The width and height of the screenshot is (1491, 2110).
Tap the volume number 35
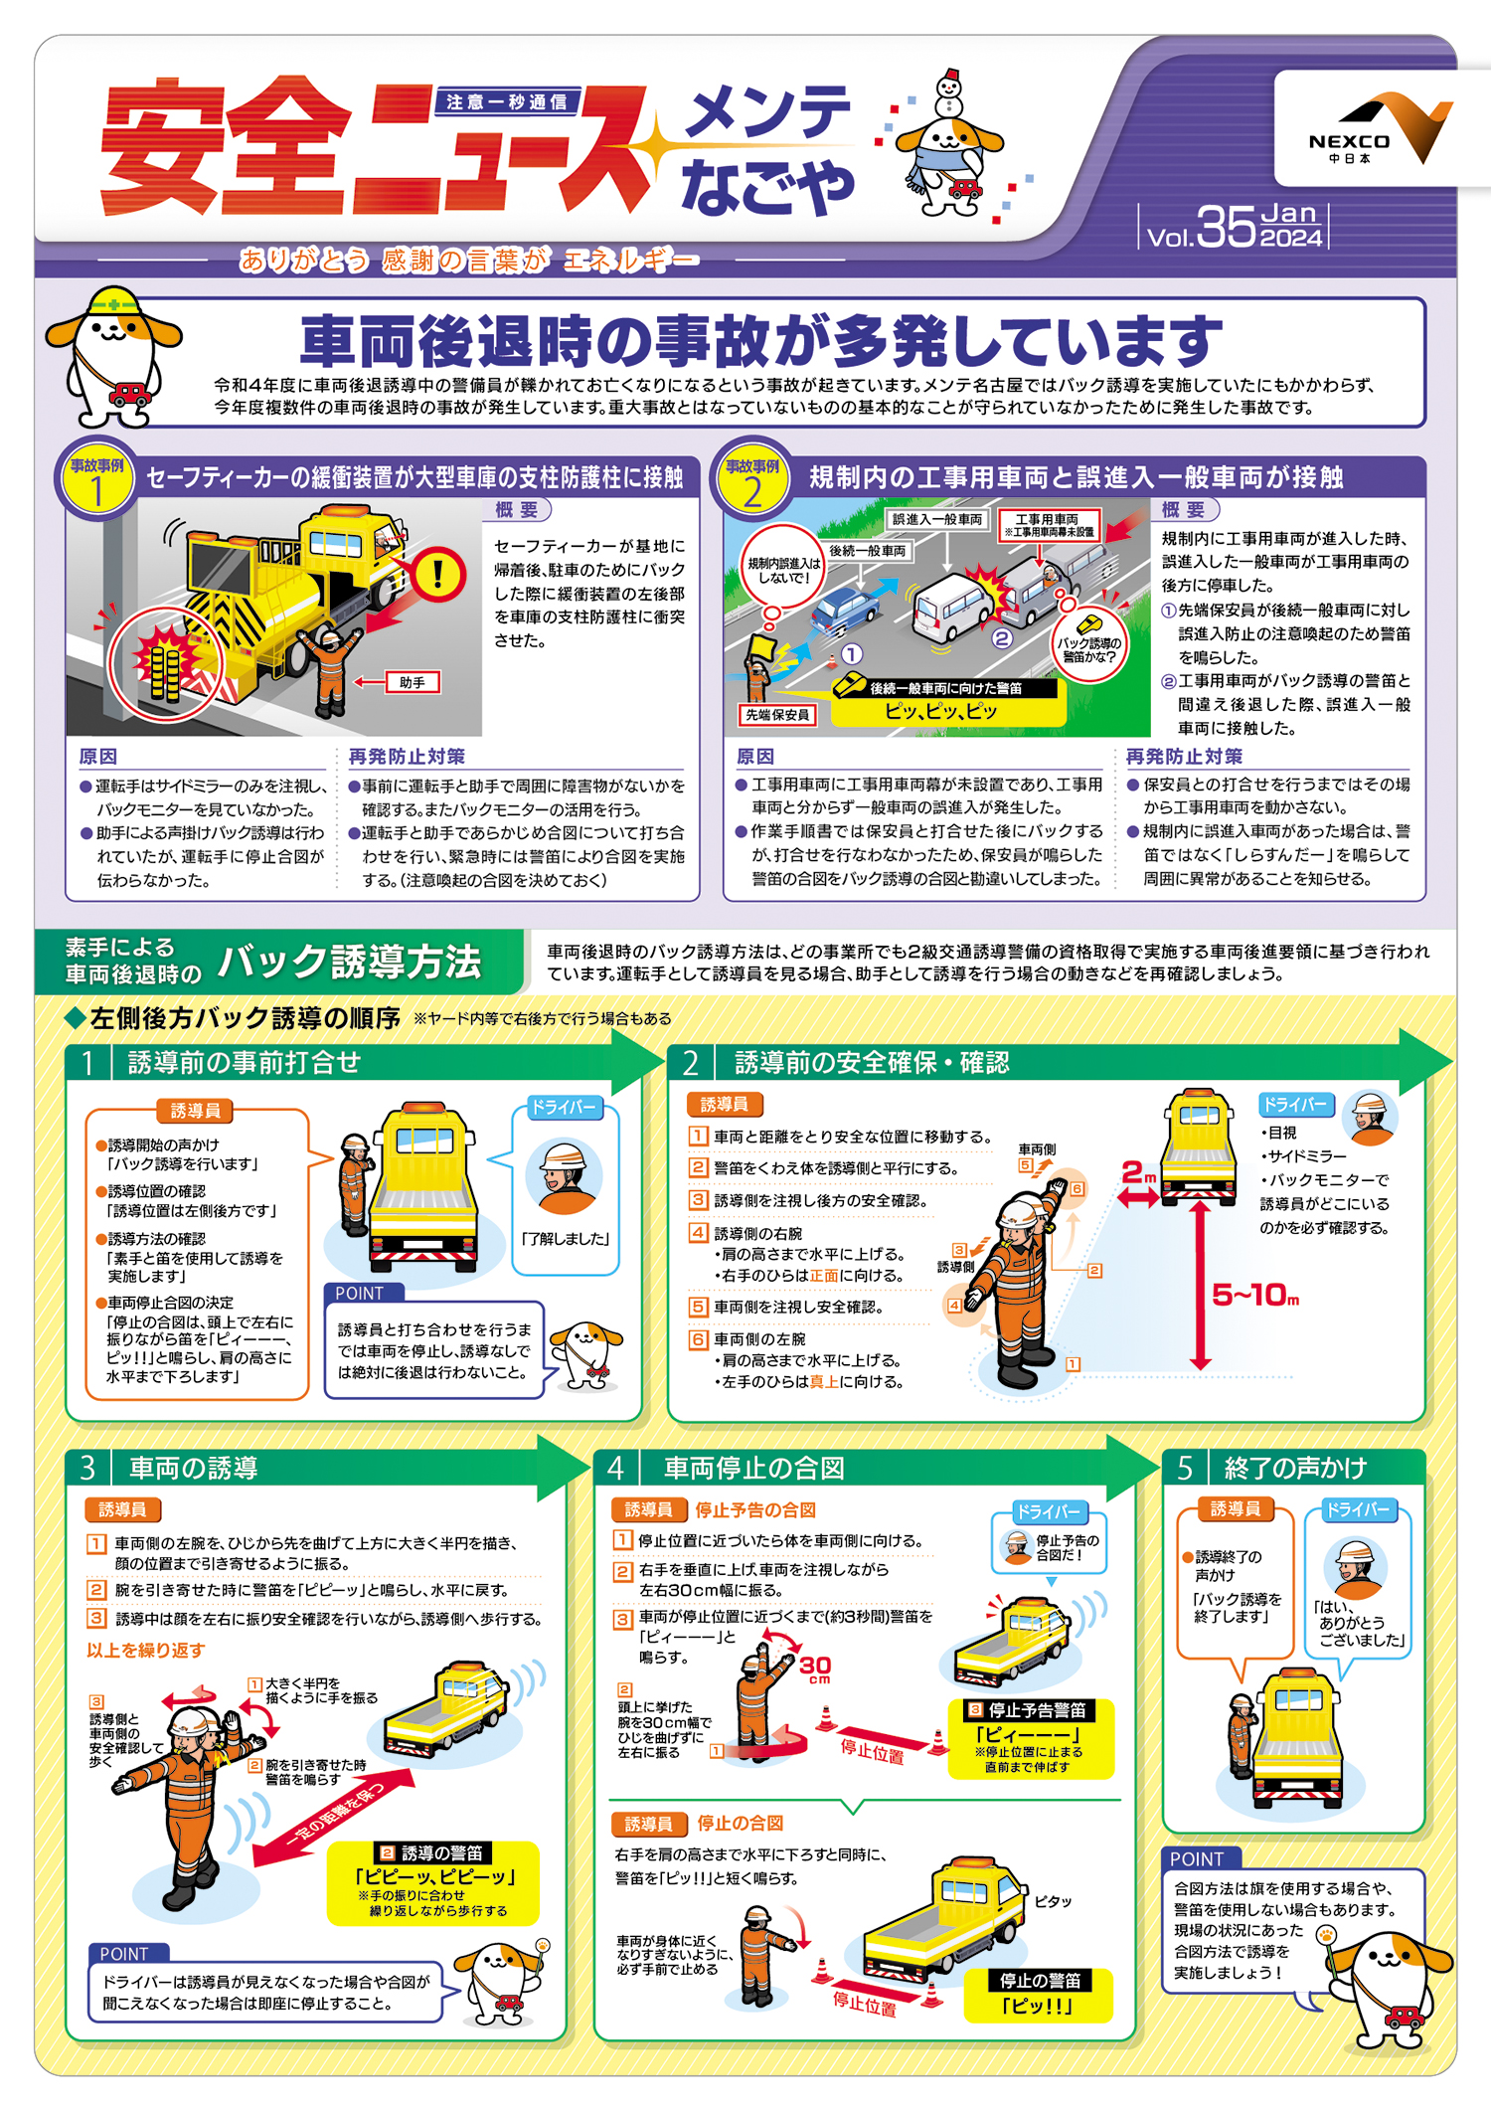[1226, 228]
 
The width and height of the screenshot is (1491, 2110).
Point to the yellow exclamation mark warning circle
[436, 574]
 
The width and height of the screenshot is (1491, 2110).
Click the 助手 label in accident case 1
[413, 683]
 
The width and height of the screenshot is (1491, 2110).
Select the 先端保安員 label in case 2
[777, 714]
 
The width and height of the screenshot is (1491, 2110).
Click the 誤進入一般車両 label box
[936, 519]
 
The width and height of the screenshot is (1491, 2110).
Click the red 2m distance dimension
[1138, 1175]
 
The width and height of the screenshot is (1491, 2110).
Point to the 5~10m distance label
[1254, 1295]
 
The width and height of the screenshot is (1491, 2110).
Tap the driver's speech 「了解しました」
[565, 1239]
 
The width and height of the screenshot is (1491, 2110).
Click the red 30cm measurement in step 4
[815, 1667]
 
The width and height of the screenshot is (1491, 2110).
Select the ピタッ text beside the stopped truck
[1053, 1901]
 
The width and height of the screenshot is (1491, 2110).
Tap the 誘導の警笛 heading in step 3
[433, 1853]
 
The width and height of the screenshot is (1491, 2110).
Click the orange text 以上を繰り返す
[145, 1650]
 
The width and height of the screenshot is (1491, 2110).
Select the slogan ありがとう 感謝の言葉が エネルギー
[468, 261]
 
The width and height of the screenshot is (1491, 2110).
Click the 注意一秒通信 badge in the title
[507, 101]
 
